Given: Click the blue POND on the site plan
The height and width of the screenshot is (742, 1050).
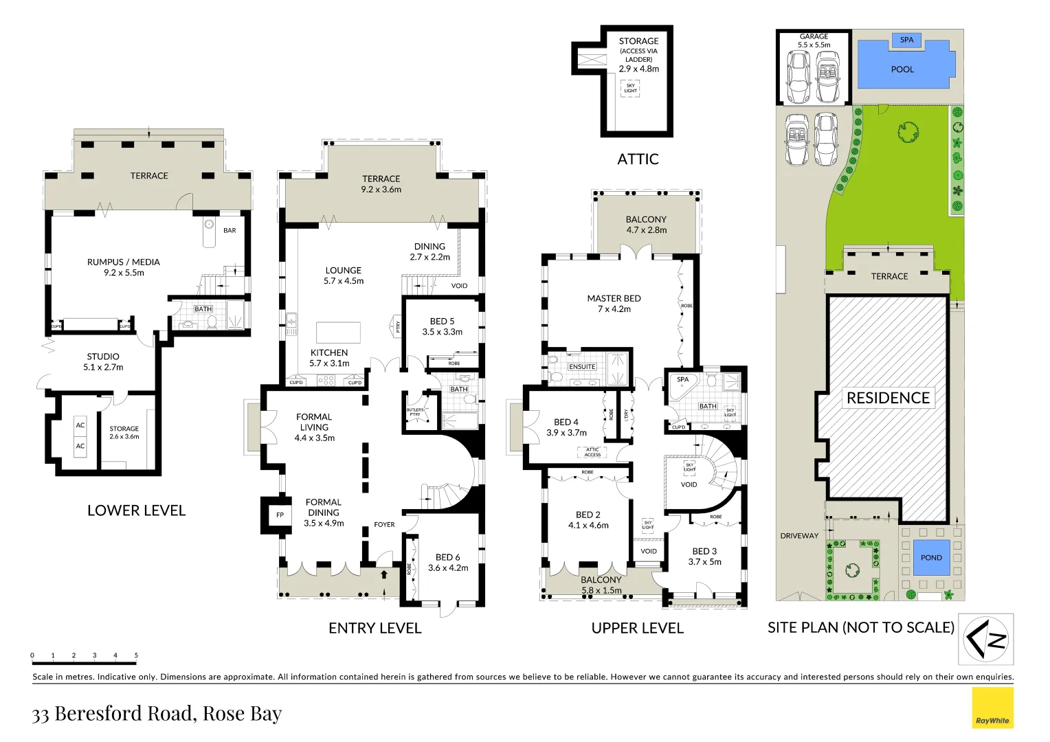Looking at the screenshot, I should tap(931, 557).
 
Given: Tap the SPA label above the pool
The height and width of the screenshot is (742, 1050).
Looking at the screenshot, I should tap(906, 40).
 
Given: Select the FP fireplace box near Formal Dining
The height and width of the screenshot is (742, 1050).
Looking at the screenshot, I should tap(280, 515).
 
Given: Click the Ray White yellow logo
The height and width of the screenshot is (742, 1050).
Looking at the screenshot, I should tap(992, 708).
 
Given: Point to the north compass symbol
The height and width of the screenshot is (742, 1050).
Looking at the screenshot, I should tap(985, 639).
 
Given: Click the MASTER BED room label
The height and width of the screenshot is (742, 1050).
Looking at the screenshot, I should tap(614, 299).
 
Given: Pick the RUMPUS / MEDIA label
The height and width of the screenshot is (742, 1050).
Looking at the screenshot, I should tap(124, 262).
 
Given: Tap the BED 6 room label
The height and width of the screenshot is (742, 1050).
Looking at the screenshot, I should tap(447, 557).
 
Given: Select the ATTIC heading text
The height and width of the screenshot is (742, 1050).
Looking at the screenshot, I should tap(638, 159).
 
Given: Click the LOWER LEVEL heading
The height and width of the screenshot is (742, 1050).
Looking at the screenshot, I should tap(136, 510).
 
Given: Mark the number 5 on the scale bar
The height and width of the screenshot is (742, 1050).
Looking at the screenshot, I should tap(136, 655).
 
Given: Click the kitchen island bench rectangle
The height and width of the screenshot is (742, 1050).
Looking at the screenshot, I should tap(338, 333).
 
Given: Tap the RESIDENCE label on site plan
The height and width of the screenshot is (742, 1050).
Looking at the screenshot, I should tap(888, 398).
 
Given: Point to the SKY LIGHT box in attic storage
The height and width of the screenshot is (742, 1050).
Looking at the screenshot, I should tap(630, 88).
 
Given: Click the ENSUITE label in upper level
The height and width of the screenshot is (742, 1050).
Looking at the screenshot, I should tap(582, 367).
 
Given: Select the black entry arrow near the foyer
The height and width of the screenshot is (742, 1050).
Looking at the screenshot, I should tap(384, 574).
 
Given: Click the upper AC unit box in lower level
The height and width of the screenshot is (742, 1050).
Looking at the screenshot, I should tap(80, 425).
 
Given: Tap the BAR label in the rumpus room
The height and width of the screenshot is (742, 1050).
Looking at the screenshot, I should tap(230, 230).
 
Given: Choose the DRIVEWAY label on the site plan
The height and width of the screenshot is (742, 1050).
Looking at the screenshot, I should tap(799, 536).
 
